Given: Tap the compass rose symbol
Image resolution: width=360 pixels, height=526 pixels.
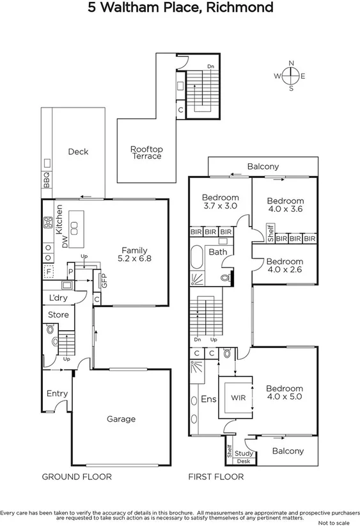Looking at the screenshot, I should point(291,76).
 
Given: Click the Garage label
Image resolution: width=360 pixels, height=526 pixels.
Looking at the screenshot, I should point(121,419).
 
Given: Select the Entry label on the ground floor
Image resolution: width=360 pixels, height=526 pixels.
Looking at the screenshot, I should point(56,394).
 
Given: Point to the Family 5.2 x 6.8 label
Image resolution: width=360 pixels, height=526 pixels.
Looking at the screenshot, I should point(135,255).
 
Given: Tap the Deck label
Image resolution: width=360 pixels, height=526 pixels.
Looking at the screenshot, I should point(78,152).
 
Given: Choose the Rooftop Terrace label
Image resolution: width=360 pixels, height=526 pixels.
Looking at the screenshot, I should point(146,152).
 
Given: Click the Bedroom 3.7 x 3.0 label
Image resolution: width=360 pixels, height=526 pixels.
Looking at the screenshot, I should point(220,202).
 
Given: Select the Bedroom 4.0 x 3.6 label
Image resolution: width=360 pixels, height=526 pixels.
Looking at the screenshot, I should point(285,204).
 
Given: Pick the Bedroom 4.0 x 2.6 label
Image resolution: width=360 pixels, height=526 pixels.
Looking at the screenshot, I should point(285,266).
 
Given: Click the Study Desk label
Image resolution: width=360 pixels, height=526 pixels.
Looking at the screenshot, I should point(244,457).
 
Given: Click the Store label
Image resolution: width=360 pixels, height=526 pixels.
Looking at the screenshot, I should point(58,315).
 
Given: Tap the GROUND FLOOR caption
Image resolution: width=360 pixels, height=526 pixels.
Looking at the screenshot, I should point(77,477).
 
